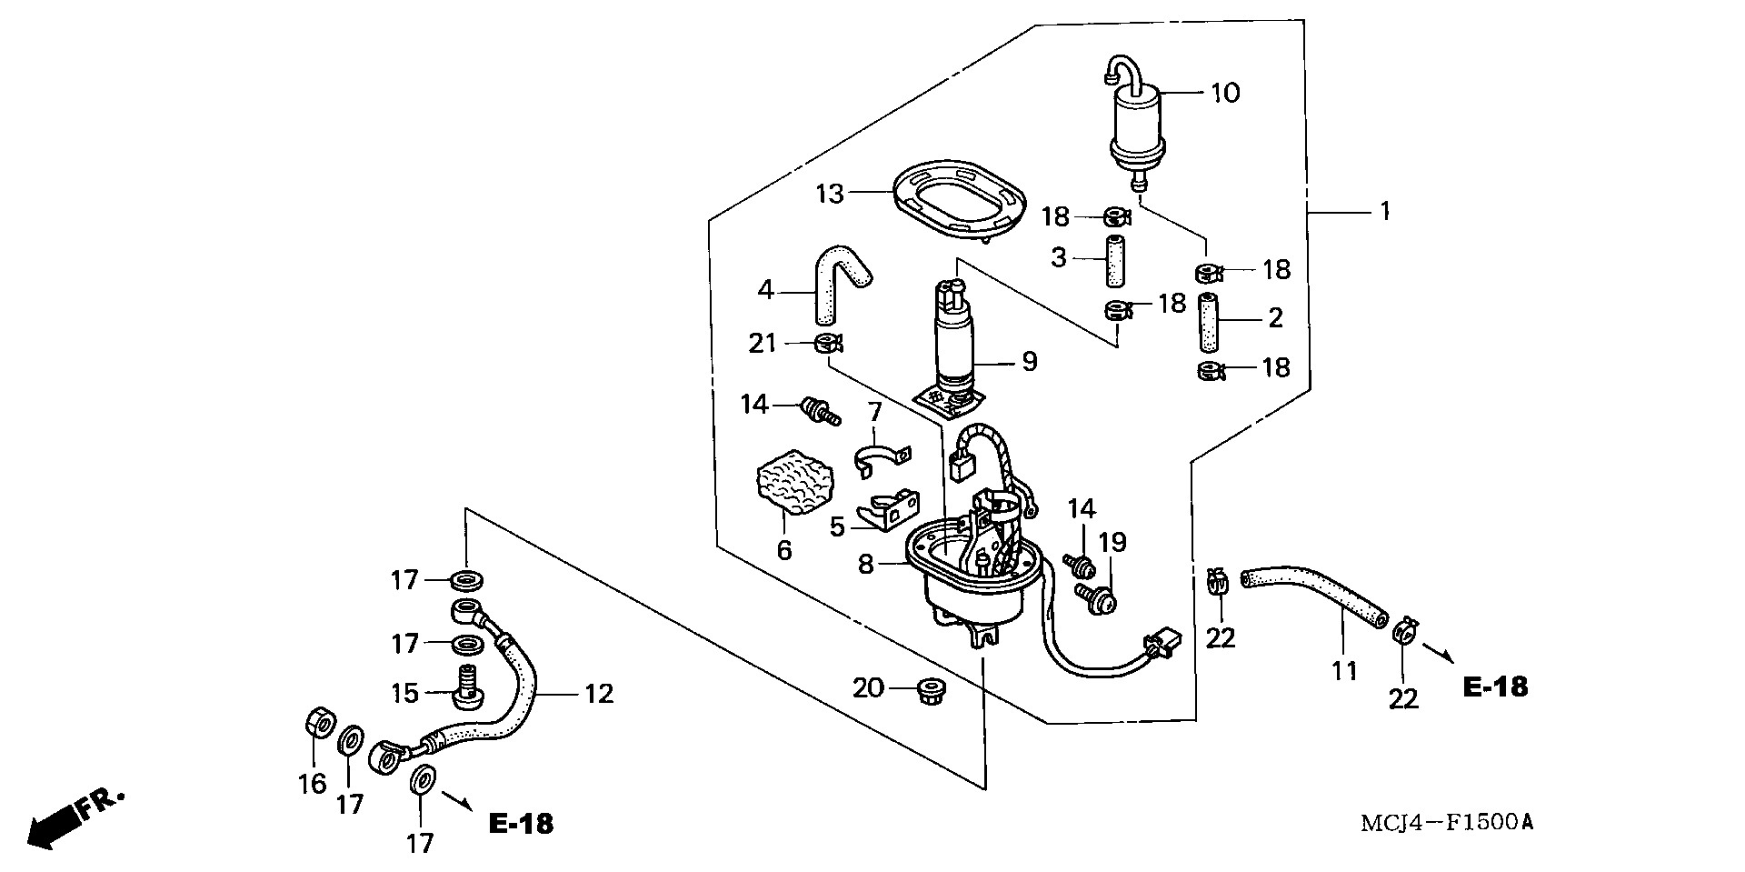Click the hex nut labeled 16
coord(314,724)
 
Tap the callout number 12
coord(598,695)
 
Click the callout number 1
coord(1384,212)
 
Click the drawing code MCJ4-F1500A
coord(1446,824)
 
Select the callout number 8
coord(865,565)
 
